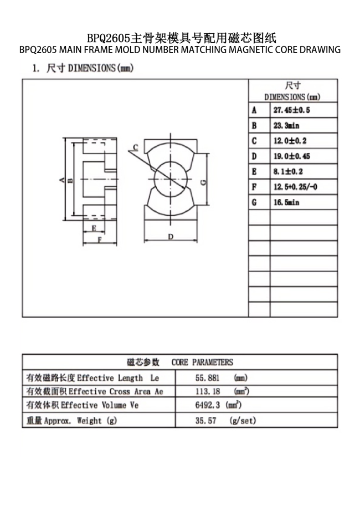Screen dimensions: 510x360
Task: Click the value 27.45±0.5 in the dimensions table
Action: click(291, 110)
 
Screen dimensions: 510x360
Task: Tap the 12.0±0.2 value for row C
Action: click(290, 141)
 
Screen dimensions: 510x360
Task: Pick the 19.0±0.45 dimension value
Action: click(292, 156)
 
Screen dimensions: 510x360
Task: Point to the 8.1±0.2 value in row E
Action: click(288, 172)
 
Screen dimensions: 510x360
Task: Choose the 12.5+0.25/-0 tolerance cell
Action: click(295, 187)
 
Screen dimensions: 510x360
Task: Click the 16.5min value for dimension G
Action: click(286, 202)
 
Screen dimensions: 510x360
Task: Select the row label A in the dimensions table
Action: click(254, 110)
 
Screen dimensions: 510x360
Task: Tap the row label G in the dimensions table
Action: click(254, 202)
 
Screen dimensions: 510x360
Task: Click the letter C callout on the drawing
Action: click(135, 147)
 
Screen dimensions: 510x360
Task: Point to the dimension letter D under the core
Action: click(171, 237)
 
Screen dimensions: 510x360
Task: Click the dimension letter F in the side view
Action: click(99, 240)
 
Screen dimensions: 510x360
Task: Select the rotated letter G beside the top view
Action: click(204, 182)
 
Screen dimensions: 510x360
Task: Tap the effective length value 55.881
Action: click(207, 378)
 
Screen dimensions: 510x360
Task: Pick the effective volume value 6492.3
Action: click(207, 405)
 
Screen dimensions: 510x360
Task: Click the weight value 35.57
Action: click(205, 421)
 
